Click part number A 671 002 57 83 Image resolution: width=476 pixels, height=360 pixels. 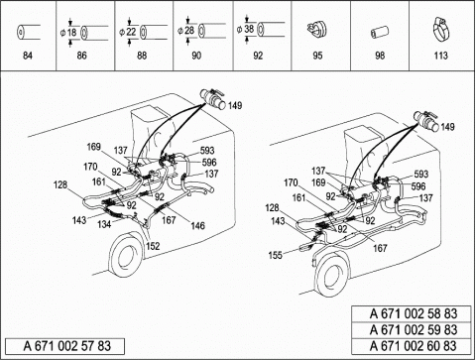click(x=67, y=346)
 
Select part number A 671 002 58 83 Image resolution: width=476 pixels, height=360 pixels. click(x=414, y=313)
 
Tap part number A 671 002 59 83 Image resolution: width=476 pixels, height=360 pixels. click(x=414, y=330)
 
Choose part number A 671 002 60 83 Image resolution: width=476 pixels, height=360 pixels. click(x=414, y=346)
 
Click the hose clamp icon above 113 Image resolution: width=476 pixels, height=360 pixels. click(x=440, y=30)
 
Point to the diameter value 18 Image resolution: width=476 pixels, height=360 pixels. click(x=71, y=33)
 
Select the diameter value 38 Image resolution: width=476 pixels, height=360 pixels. click(x=249, y=29)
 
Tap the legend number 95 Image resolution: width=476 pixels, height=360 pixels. click(x=317, y=56)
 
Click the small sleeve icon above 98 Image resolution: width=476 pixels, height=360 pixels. click(x=380, y=33)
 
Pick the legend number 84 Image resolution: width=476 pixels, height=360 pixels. click(x=28, y=56)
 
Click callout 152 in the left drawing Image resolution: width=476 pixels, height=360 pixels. click(x=153, y=246)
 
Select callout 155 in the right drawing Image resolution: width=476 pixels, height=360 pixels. click(x=276, y=255)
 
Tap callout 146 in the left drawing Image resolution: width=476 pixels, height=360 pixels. click(x=197, y=225)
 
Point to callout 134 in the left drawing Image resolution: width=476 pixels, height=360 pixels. click(x=104, y=224)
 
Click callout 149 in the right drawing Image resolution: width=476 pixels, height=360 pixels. click(x=447, y=127)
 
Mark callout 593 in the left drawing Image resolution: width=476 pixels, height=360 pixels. click(x=207, y=151)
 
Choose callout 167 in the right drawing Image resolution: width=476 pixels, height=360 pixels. click(x=380, y=248)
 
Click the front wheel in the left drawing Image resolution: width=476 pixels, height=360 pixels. click(x=126, y=255)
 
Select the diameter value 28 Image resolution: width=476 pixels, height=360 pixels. click(x=189, y=31)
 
